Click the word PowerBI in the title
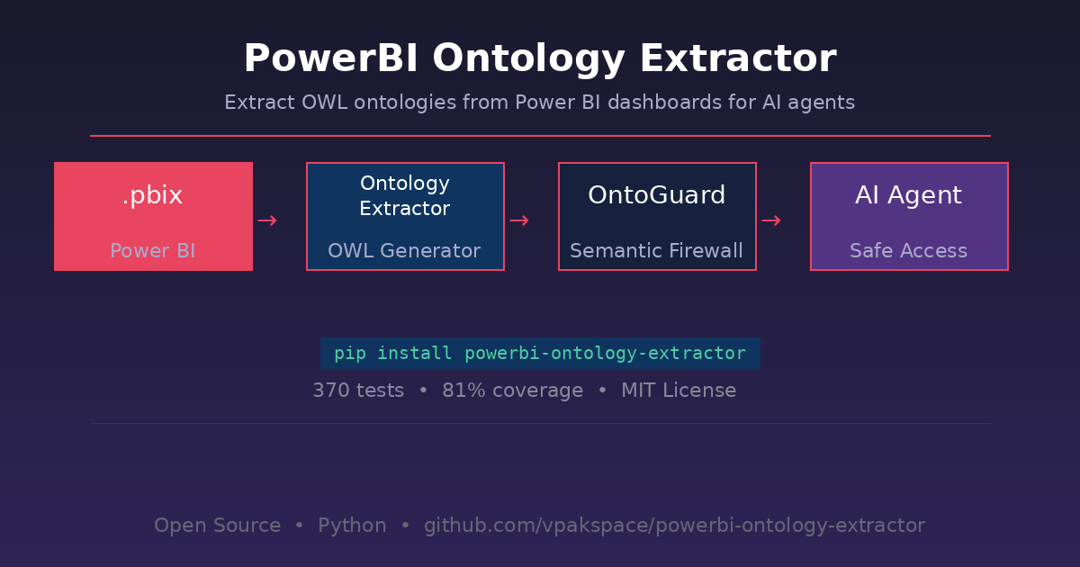click(x=331, y=58)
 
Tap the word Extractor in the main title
click(x=738, y=58)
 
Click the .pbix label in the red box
click(x=153, y=195)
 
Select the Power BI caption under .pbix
click(x=153, y=251)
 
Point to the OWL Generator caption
click(x=404, y=251)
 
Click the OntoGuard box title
click(x=657, y=194)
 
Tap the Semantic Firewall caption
click(x=657, y=251)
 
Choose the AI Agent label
click(x=909, y=195)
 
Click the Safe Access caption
click(x=909, y=251)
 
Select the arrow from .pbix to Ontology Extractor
click(x=267, y=220)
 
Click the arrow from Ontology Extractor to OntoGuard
click(x=519, y=220)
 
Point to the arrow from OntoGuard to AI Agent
click(x=771, y=220)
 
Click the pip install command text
click(x=540, y=354)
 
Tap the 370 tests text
click(x=358, y=391)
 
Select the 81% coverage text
click(x=512, y=391)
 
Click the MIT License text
click(x=679, y=391)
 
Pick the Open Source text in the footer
click(x=218, y=526)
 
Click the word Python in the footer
click(x=352, y=526)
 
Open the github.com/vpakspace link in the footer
click(x=674, y=526)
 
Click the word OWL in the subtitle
click(x=325, y=103)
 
